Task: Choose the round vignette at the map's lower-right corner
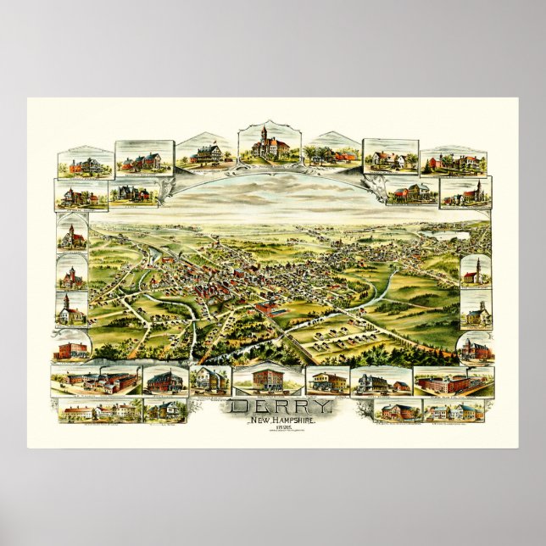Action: click(476, 348)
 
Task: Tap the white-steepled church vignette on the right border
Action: click(476, 270)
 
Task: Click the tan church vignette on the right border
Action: click(476, 311)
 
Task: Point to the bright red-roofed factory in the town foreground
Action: click(270, 309)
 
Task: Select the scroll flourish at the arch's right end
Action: click(370, 182)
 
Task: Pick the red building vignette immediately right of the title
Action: click(327, 382)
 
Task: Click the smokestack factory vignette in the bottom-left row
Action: click(95, 382)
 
